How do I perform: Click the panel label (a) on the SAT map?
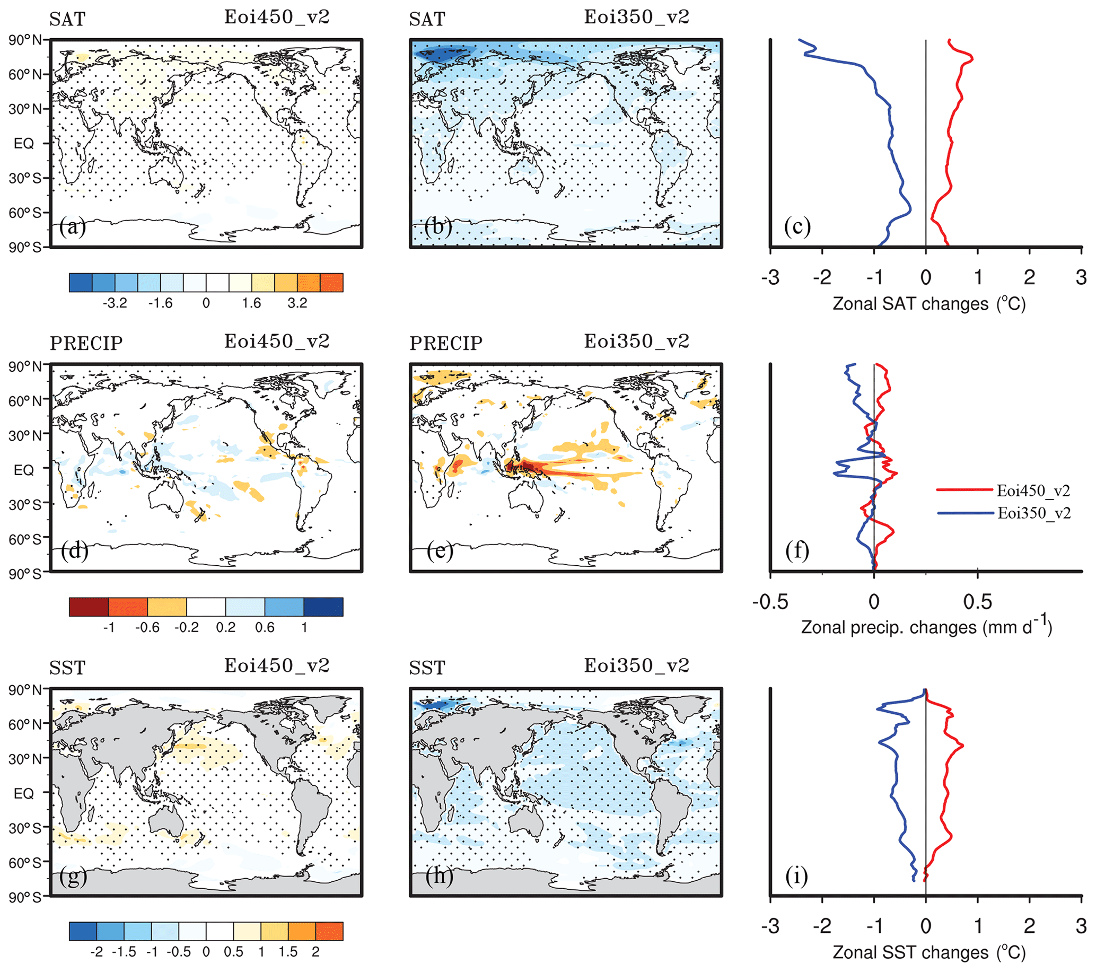pos(73,227)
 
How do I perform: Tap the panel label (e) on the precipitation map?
pos(440,550)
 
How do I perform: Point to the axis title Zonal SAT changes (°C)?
pos(928,304)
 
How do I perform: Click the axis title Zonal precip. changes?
pos(926,627)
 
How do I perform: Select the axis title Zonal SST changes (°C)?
pos(928,952)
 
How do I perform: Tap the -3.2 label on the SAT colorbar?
pos(115,303)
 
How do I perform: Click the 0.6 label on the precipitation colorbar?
pos(265,627)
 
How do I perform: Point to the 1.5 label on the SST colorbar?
pos(288,952)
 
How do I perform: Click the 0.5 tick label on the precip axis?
pos(978,601)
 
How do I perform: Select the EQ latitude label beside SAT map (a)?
pos(24,143)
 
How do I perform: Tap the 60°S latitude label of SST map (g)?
pos(25,863)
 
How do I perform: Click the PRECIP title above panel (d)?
pos(86,343)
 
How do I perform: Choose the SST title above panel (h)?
pos(427,668)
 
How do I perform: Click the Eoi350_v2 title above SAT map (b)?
pos(636,17)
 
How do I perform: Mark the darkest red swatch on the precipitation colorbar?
pos(89,607)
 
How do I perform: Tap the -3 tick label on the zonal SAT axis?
pos(770,277)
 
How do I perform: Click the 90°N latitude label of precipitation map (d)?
pos(25,366)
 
